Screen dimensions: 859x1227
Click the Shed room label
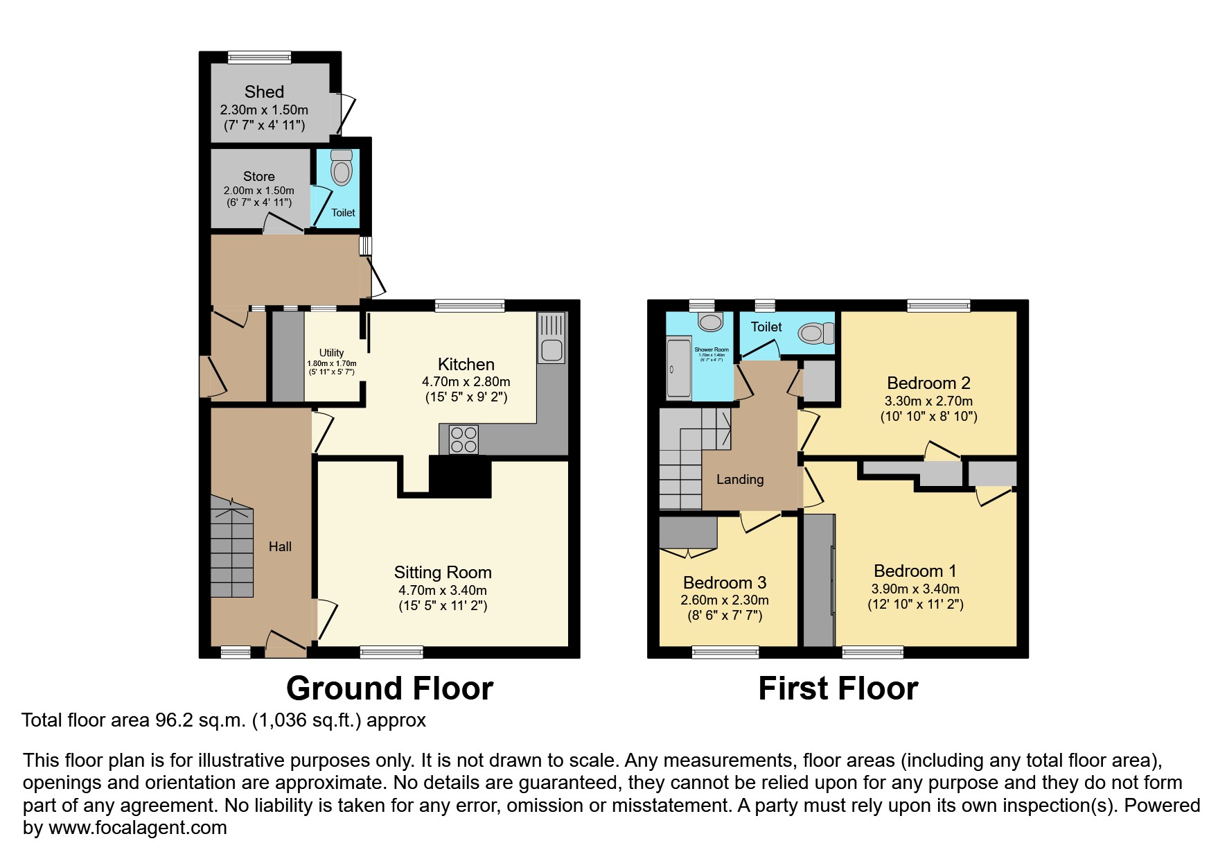pyautogui.click(x=264, y=92)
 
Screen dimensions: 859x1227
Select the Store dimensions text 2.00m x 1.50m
pyautogui.click(x=258, y=190)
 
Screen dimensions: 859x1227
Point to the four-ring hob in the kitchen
pyautogui.click(x=464, y=440)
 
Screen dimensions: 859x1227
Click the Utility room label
pyautogui.click(x=331, y=353)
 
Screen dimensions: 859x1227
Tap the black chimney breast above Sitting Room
pyautogui.click(x=460, y=476)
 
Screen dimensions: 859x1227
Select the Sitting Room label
pyautogui.click(x=443, y=573)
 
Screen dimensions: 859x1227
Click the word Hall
pyautogui.click(x=280, y=547)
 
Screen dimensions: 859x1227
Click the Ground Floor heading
pyautogui.click(x=389, y=688)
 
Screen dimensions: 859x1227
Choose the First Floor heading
pyautogui.click(x=838, y=688)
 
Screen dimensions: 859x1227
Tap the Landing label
pyautogui.click(x=740, y=480)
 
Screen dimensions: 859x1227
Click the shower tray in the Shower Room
pyautogui.click(x=678, y=369)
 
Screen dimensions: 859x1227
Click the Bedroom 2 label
pyautogui.click(x=928, y=383)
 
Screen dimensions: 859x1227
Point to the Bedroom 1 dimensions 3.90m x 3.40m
pyautogui.click(x=915, y=589)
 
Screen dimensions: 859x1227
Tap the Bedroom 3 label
pyautogui.click(x=724, y=583)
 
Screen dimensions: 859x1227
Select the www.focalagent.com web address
pyautogui.click(x=138, y=828)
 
